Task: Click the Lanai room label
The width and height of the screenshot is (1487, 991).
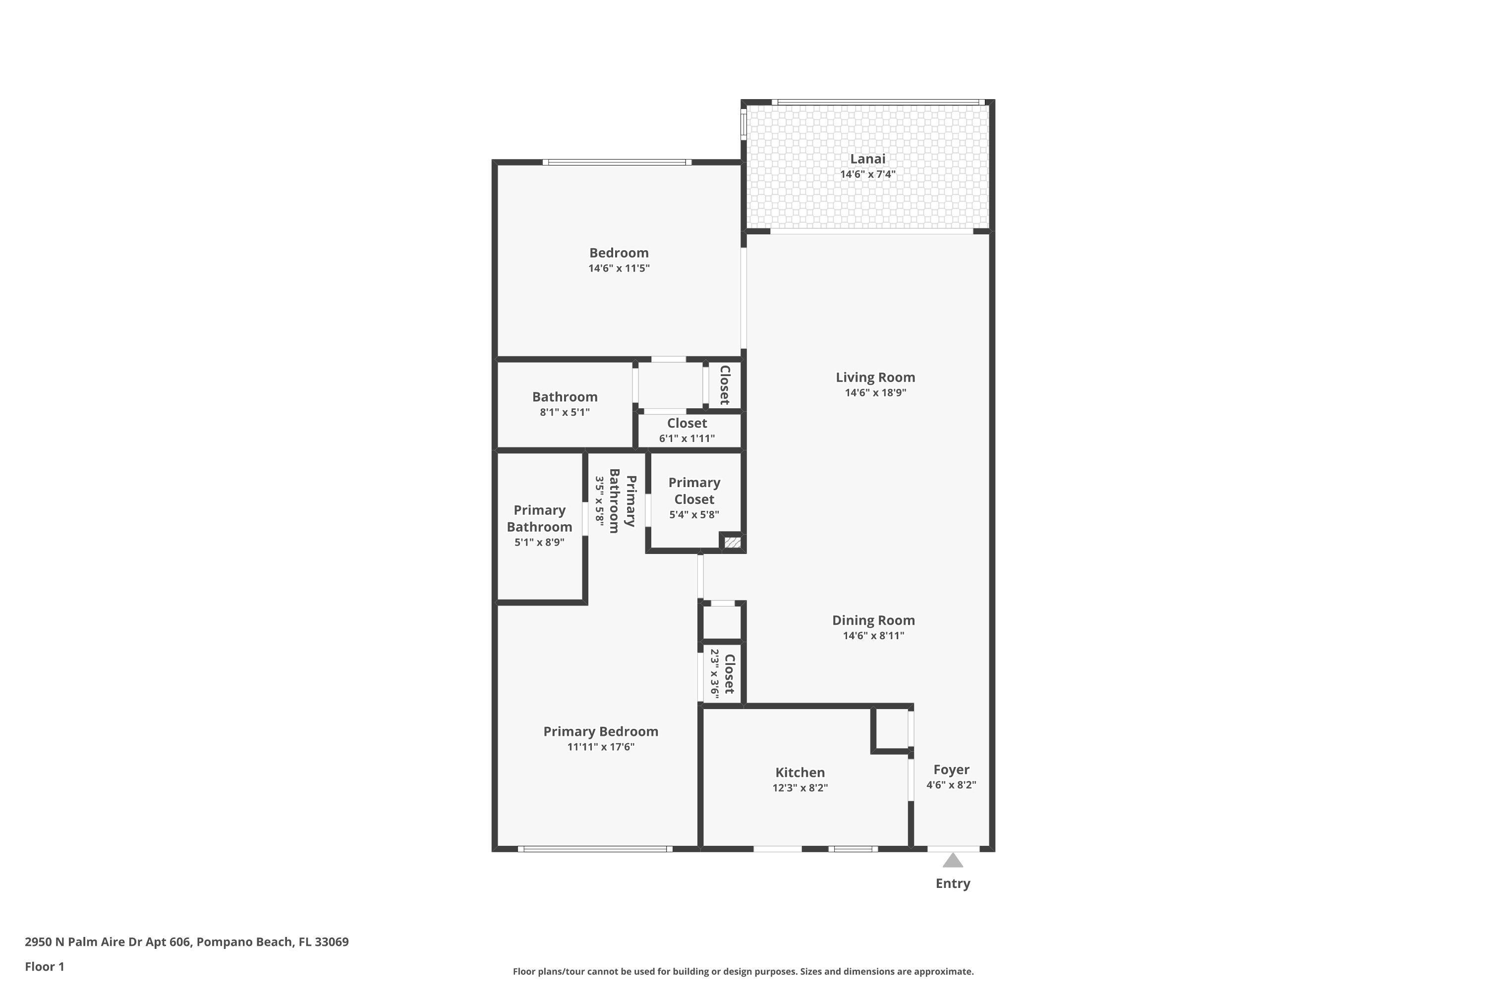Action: pos(867,159)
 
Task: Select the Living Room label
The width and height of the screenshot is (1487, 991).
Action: pos(875,377)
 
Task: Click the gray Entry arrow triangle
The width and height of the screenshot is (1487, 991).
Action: pos(952,861)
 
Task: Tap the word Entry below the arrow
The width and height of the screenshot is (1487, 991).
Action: pos(952,883)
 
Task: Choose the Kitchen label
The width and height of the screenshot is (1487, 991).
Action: pos(800,772)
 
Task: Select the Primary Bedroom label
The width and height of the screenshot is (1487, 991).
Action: pos(601,731)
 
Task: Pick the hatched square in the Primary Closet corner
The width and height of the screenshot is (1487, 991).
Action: pos(732,542)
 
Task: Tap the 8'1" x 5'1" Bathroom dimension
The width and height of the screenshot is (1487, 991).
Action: pos(564,412)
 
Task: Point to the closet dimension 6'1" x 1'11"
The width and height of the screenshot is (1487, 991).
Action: pos(686,438)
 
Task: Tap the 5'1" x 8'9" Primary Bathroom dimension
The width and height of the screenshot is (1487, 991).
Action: pos(539,542)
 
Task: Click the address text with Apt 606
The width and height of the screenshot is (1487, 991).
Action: pos(186,942)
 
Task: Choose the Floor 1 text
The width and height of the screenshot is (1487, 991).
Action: pos(44,966)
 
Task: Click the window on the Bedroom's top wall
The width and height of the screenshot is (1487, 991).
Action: pos(617,163)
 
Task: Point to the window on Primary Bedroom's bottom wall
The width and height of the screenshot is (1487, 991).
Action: pos(594,849)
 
